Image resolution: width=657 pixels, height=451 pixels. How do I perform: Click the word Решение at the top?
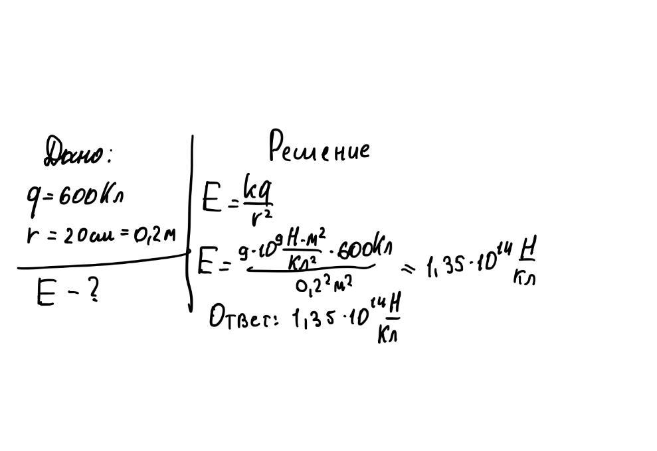coord(319,147)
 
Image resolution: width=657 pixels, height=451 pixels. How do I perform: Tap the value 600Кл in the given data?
coord(90,196)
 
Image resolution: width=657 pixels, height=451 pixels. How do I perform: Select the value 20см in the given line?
coord(86,237)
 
